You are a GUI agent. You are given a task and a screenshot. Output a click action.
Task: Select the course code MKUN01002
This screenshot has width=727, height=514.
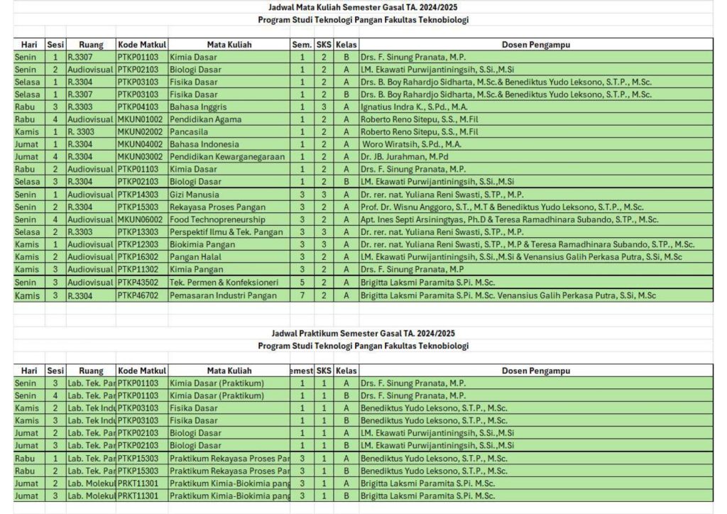(140, 119)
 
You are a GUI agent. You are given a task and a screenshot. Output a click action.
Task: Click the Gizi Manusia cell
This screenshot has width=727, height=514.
(195, 195)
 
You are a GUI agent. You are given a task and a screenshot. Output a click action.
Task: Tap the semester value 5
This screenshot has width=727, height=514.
(302, 283)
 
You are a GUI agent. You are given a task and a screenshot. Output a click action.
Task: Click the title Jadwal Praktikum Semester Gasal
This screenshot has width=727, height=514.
(363, 333)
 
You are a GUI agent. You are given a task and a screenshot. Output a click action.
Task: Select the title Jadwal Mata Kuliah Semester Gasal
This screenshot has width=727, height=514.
(363, 7)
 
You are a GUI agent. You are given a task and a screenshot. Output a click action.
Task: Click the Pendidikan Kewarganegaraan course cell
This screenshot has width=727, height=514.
(227, 157)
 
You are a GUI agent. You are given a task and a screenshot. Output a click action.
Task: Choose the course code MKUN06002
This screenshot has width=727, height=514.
(140, 219)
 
